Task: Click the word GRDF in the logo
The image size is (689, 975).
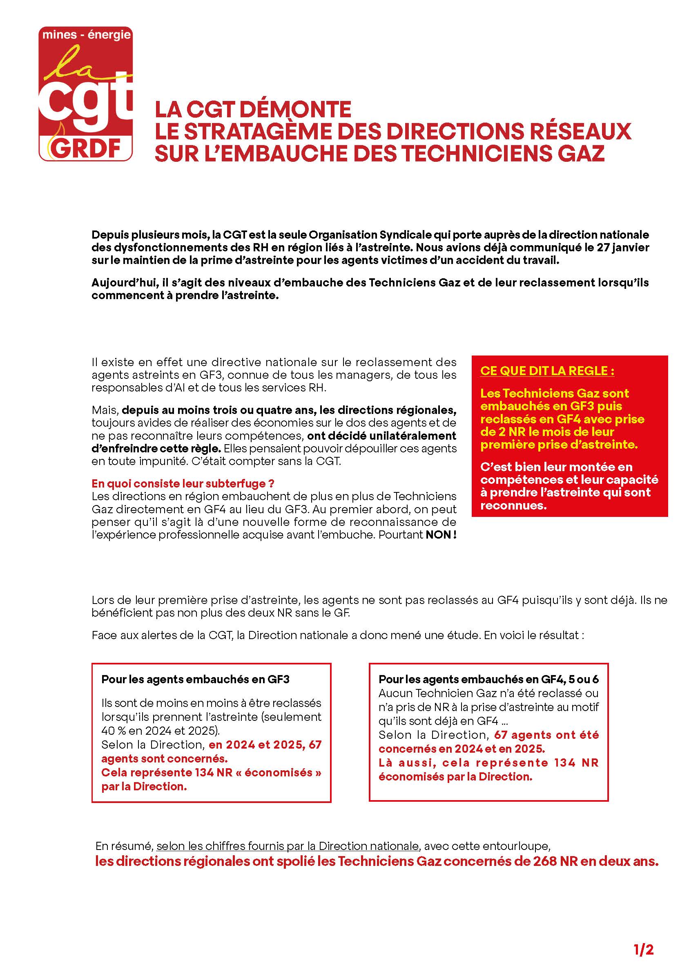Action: [x=86, y=148]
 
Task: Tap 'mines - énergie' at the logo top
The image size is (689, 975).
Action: [x=87, y=36]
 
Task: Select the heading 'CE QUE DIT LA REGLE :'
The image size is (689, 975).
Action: [x=547, y=371]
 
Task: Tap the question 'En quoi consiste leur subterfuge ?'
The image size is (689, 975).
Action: [x=183, y=483]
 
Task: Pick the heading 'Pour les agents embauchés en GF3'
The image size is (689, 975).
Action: [x=195, y=679]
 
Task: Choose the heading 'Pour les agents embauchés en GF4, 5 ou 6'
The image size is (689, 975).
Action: [x=488, y=679]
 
